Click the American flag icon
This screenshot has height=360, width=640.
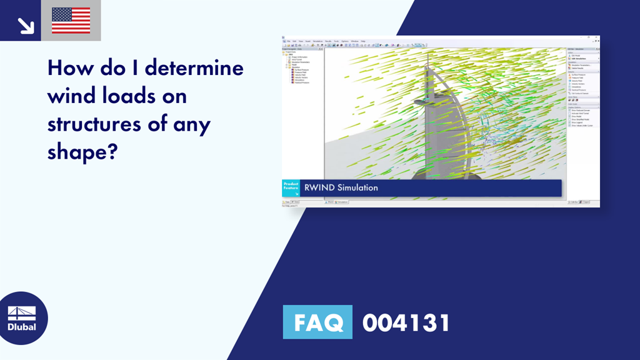(71, 20)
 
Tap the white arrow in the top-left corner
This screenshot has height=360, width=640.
(25, 24)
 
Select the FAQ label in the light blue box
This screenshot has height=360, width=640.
(317, 322)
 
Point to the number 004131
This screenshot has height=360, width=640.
(406, 323)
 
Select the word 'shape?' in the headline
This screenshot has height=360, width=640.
(82, 152)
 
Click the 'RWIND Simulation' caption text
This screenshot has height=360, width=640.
(341, 187)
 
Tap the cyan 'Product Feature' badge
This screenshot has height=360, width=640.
(291, 187)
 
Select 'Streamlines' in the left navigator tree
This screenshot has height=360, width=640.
(300, 79)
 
